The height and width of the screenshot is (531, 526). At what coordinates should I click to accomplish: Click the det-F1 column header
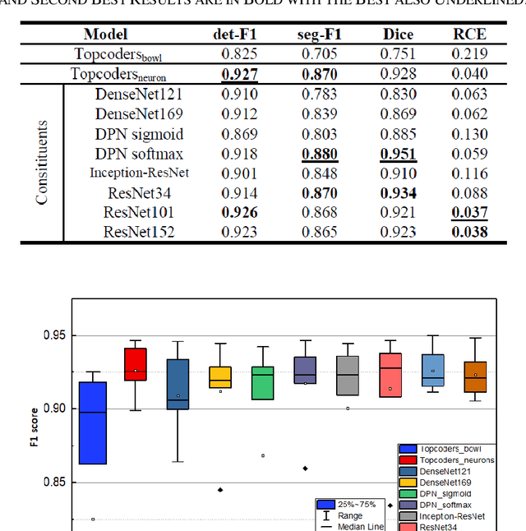[235, 35]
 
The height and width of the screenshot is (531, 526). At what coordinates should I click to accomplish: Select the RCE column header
[469, 35]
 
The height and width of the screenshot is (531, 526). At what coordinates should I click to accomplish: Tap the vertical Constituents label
[43, 162]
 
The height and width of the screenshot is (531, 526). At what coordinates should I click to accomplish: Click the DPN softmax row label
[139, 153]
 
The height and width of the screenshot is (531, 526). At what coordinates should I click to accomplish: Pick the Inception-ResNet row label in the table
[139, 173]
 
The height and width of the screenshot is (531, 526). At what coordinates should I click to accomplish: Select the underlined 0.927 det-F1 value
[235, 74]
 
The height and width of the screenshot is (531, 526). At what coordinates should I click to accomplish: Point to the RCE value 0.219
[469, 54]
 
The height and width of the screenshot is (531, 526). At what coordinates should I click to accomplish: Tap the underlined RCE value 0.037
[469, 212]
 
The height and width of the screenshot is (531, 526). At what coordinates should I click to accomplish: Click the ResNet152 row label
[139, 232]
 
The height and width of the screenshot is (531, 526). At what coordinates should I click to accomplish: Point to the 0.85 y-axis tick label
[53, 483]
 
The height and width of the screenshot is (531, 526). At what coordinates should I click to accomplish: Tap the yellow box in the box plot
[219, 377]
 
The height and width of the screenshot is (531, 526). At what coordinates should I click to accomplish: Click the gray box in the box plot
[348, 376]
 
